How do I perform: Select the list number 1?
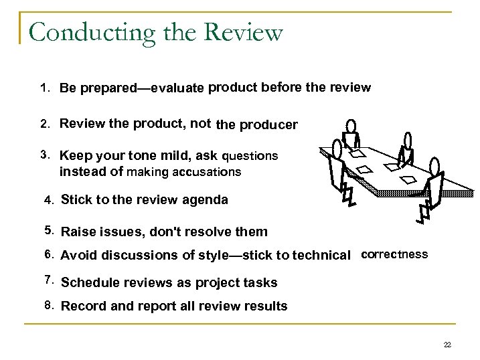click(x=44, y=88)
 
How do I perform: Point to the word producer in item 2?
click(x=268, y=124)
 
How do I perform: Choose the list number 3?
click(x=44, y=155)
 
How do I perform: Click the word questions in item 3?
click(x=250, y=156)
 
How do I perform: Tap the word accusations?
click(x=207, y=172)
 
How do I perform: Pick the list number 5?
click(x=48, y=231)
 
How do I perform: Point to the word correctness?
click(x=394, y=254)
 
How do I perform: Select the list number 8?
click(x=48, y=305)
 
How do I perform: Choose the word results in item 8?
click(x=266, y=306)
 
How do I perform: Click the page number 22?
click(x=447, y=345)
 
